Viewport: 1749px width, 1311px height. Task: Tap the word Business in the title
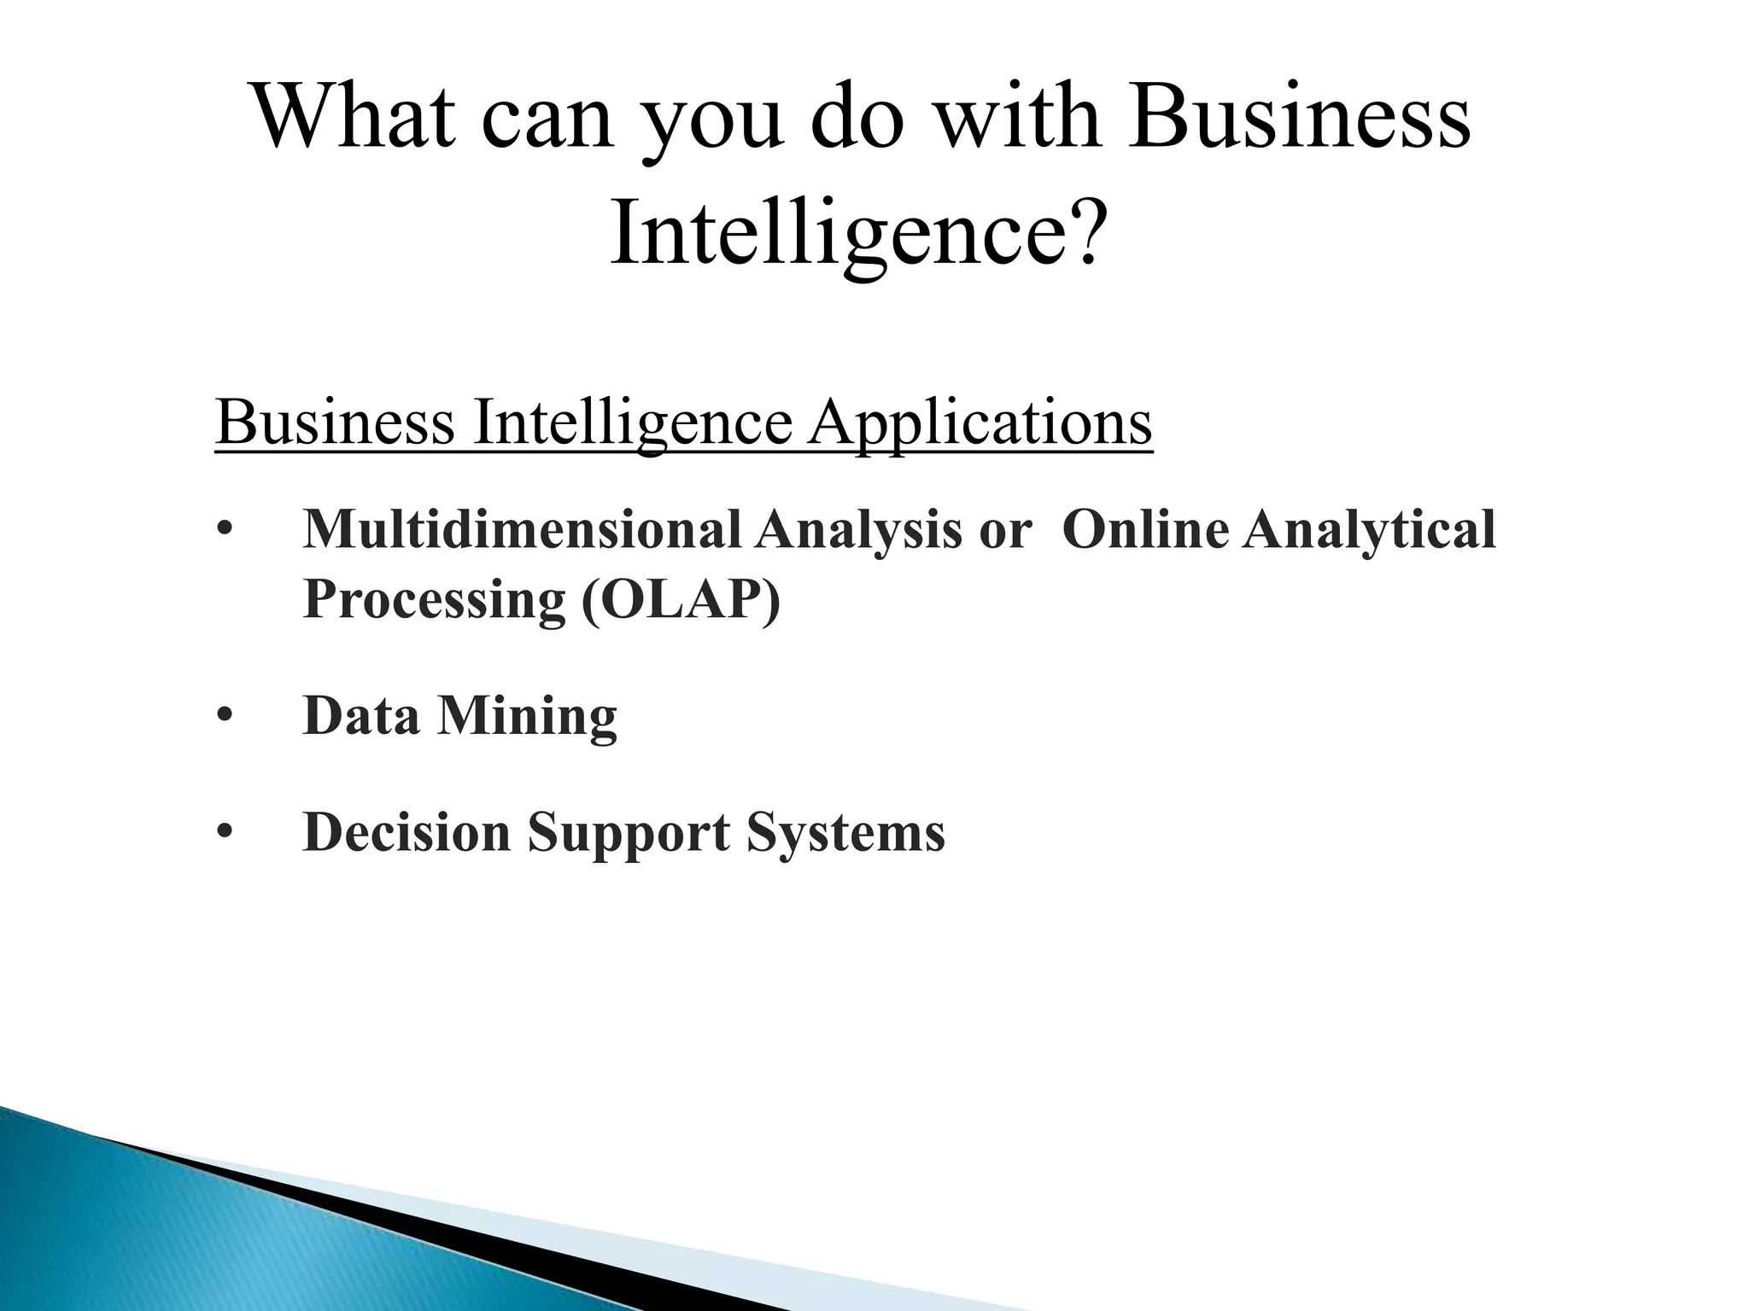tap(1299, 118)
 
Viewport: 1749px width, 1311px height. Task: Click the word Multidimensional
tap(522, 530)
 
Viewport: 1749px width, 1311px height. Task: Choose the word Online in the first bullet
tap(1145, 530)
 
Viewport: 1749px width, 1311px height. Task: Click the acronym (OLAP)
tap(681, 600)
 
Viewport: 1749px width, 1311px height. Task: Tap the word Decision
tap(407, 832)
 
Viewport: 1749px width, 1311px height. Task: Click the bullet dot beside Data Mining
tap(225, 717)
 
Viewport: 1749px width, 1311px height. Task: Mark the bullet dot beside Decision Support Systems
tap(225, 833)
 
